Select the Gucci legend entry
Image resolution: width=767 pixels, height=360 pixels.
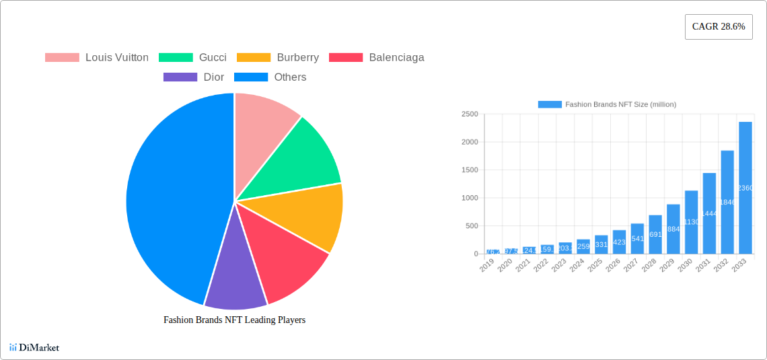coord(192,58)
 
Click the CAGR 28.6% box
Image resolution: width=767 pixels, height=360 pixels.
coord(719,27)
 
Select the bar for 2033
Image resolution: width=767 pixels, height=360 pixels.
coord(745,188)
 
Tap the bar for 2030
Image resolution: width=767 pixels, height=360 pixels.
coord(691,222)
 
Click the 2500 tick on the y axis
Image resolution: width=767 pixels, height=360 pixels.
coord(470,114)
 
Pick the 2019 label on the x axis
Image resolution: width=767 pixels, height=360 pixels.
coord(487,266)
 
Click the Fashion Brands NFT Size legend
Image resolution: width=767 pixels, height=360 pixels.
coord(607,104)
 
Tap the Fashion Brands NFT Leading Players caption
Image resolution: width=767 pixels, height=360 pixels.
coord(234,320)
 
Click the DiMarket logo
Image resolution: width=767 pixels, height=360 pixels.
coord(34,348)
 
